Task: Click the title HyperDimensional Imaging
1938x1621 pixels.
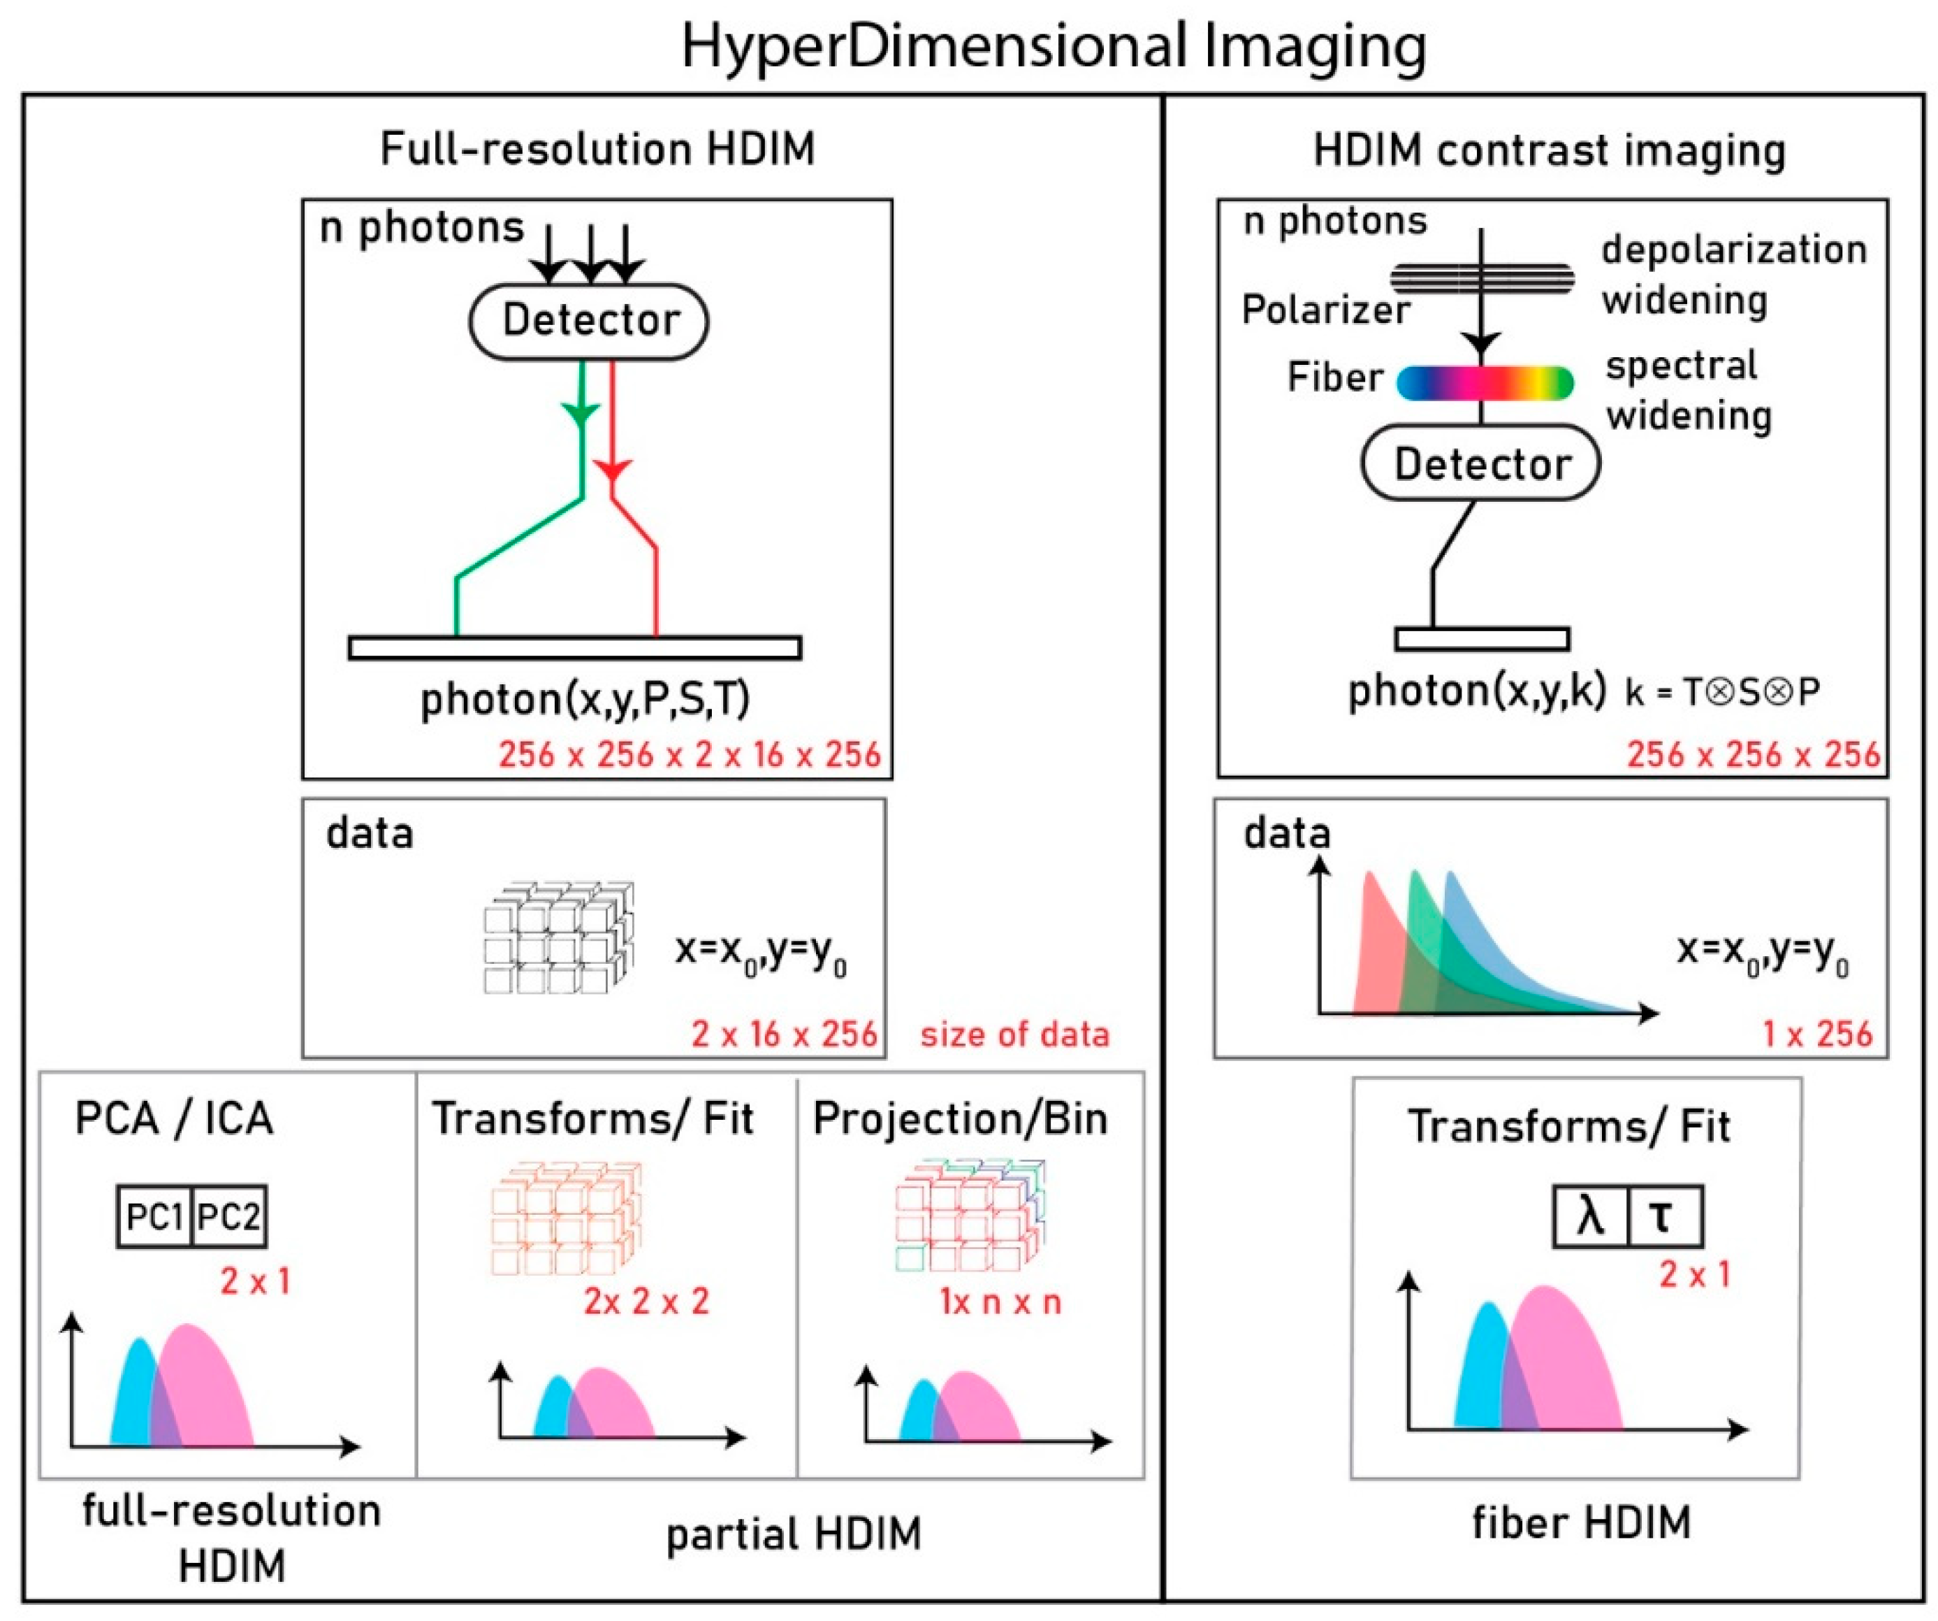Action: coord(1053,46)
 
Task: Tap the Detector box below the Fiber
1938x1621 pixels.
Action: coord(1481,463)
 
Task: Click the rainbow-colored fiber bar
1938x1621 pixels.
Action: coord(1484,382)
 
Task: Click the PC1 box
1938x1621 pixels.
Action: coord(155,1217)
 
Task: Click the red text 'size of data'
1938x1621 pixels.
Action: coord(1014,1035)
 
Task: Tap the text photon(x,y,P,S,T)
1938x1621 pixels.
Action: coord(585,699)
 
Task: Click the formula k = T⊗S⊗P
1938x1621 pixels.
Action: coord(1722,691)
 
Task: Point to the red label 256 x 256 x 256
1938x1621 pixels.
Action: coord(1752,754)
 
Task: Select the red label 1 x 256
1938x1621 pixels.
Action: coord(1817,1034)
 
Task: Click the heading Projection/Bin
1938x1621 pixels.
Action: coord(960,1119)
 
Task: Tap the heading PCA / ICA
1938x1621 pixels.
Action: coord(173,1119)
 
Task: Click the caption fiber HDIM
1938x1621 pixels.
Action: coord(1581,1522)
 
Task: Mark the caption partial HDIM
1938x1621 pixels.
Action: coord(794,1534)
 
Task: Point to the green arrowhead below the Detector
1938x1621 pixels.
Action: coord(581,412)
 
